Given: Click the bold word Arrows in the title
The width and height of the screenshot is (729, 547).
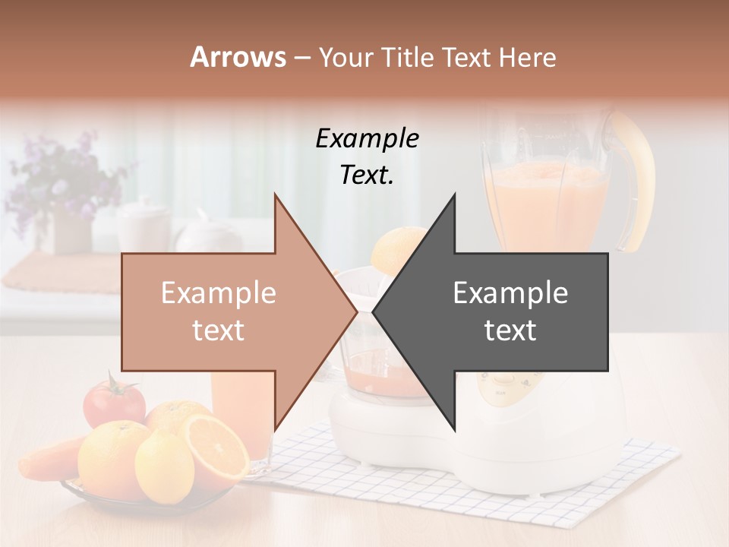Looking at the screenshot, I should click(x=238, y=57).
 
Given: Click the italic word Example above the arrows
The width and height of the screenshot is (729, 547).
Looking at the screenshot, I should click(x=367, y=138).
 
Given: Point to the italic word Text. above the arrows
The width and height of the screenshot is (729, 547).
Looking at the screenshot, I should click(x=367, y=175).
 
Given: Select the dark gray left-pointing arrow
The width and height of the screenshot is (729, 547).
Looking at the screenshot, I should click(x=501, y=311).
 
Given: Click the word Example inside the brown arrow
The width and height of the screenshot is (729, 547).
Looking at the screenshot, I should click(x=219, y=293).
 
